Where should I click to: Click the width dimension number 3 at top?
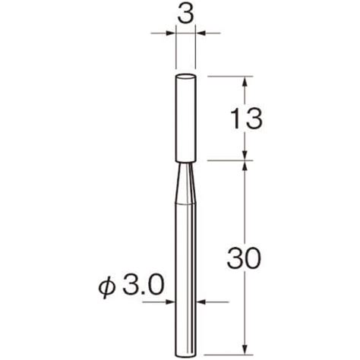click(x=185, y=15)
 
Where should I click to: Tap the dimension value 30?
click(x=244, y=259)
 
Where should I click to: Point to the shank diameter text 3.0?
click(x=143, y=286)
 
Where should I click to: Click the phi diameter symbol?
click(x=107, y=288)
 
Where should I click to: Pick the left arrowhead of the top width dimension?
click(x=171, y=33)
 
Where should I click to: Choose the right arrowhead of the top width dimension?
click(x=201, y=33)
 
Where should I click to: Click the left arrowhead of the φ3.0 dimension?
click(x=170, y=302)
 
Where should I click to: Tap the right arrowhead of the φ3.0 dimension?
click(x=201, y=302)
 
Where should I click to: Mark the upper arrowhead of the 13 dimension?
click(x=245, y=81)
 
